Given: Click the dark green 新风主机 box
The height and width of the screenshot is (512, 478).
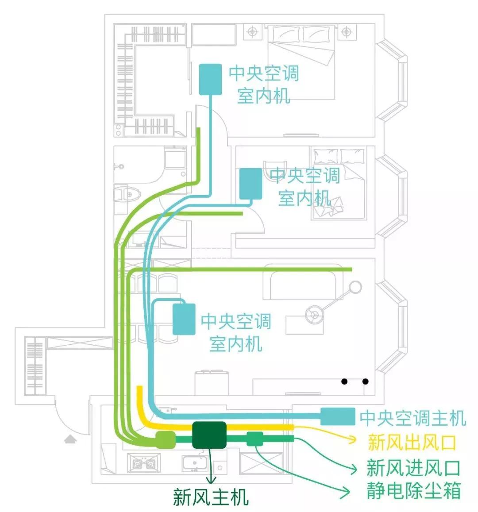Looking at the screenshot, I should coord(209,435).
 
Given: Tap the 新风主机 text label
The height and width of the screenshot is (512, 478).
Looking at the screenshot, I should coord(211,497).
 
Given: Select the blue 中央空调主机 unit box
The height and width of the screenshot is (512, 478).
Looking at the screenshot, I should coord(337,417).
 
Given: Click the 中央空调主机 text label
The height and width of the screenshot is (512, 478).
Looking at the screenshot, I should coord(412,418).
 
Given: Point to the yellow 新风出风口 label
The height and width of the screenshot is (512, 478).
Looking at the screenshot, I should coord(412,442).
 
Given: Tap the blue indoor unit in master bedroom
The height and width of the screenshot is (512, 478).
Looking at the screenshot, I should coord(210,79).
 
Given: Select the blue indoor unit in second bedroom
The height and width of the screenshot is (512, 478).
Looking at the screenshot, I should coord(251,183).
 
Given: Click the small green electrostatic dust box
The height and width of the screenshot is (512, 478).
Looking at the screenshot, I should coord(254,439).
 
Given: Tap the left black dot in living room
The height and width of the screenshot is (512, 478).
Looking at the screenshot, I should coord(344,381).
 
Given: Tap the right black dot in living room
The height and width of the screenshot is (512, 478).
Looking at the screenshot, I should coord(365,381).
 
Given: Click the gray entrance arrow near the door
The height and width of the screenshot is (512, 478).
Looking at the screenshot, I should coord(70,439).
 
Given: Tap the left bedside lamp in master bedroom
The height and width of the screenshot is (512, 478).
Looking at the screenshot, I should coord(252,32).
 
